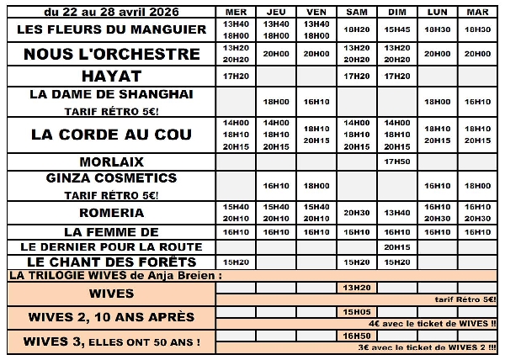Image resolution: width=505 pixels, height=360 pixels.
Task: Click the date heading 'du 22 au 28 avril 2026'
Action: tap(109, 11)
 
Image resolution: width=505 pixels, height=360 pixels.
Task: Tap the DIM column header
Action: tap(397, 12)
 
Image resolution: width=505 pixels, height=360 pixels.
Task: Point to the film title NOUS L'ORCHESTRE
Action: tap(111, 54)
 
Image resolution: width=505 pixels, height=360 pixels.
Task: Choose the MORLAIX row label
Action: tap(111, 161)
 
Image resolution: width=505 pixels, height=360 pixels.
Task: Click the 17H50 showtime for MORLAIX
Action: tap(397, 161)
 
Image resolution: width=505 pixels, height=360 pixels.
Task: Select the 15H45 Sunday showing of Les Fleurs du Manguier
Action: tap(397, 29)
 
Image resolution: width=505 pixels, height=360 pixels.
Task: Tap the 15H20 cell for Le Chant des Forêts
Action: tap(236, 262)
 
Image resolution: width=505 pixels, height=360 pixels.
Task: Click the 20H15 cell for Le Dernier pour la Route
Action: tap(397, 247)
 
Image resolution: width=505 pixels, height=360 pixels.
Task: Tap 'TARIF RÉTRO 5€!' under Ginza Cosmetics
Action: tap(111, 194)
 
